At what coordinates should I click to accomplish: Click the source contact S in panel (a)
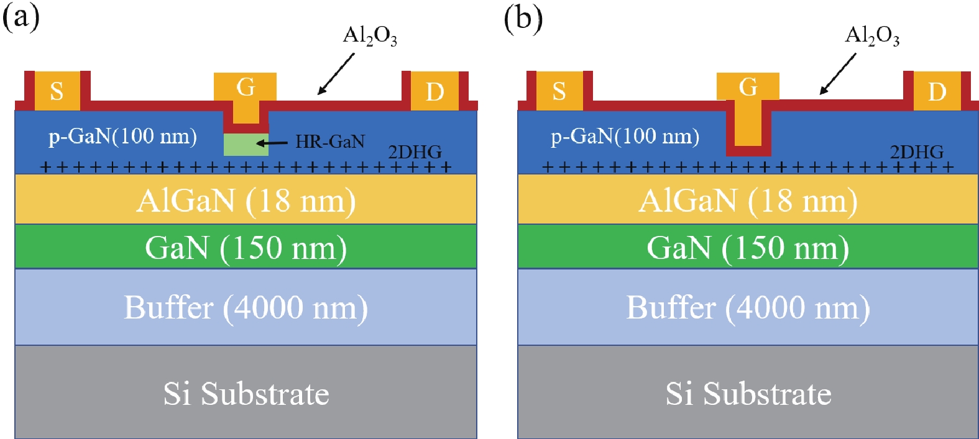(57, 91)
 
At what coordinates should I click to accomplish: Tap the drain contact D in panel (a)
(434, 91)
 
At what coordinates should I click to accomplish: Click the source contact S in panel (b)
(559, 91)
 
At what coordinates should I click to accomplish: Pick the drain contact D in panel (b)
(937, 91)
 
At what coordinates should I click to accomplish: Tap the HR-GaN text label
(329, 142)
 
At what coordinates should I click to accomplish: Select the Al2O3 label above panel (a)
(370, 36)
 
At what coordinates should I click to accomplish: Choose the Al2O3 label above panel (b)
(872, 36)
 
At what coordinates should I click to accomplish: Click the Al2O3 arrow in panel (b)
(837, 74)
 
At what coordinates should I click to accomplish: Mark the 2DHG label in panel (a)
(415, 152)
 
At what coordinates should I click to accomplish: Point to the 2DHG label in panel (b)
(916, 152)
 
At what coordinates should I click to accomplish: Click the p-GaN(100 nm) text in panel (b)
(625, 136)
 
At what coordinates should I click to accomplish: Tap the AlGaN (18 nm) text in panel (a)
(246, 201)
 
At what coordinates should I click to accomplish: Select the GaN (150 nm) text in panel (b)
(748, 248)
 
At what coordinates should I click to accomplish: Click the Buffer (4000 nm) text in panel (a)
(246, 307)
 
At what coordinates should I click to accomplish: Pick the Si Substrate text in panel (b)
(748, 394)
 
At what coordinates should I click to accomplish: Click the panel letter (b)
(523, 18)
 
